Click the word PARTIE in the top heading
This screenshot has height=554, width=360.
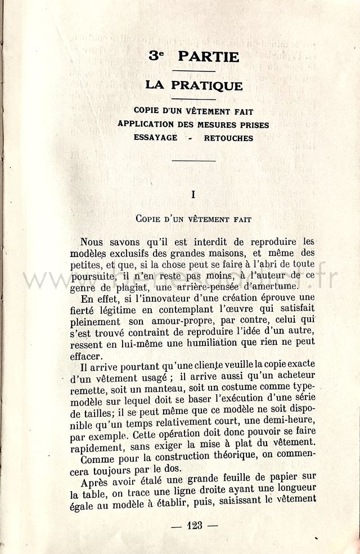pos(209,57)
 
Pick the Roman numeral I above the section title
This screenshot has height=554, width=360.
pos(193,195)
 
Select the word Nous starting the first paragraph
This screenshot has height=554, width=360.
pos(96,242)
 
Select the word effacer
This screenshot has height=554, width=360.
pos(87,356)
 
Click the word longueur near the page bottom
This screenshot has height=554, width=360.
pos(294,487)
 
